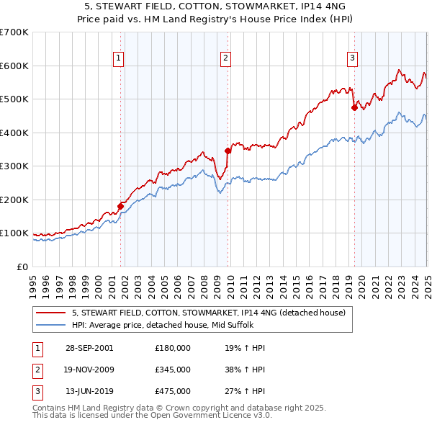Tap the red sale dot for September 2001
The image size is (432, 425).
tap(121, 207)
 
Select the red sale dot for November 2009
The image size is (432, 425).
tap(228, 151)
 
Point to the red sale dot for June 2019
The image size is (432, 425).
tap(354, 107)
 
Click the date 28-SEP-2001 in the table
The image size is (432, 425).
tap(89, 347)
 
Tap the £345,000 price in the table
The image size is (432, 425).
tap(173, 370)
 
